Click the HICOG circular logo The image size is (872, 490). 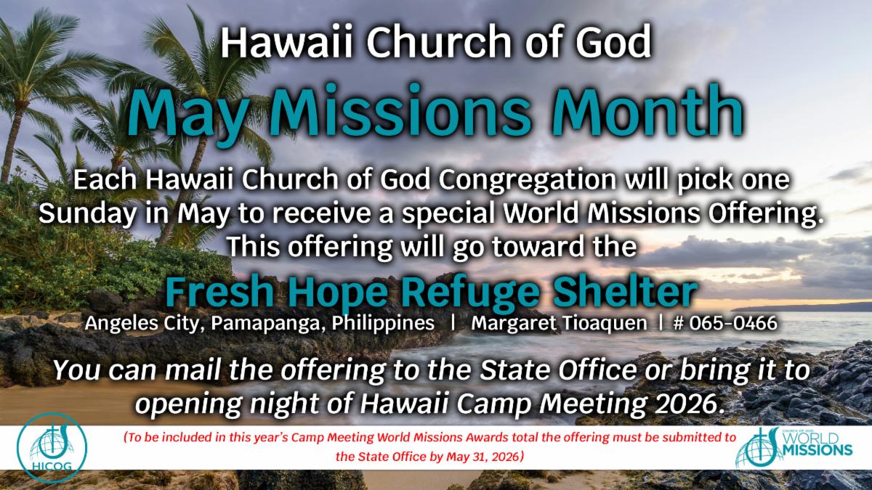[52, 448]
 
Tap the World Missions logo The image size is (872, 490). [794, 447]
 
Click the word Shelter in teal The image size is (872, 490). [625, 293]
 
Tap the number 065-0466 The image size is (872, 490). [725, 323]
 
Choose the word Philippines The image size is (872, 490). [383, 324]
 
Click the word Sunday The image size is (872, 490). [88, 214]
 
